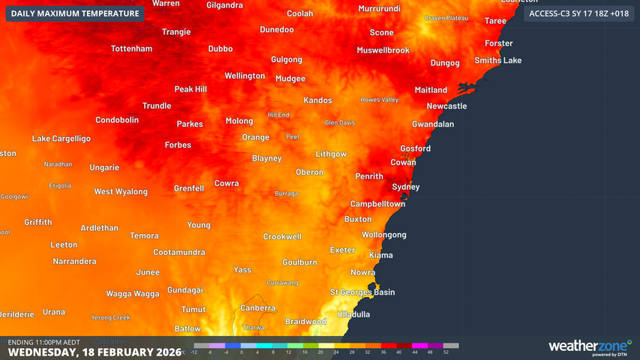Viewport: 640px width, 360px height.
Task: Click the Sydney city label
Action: (406, 187)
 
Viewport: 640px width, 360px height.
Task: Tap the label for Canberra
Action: (257, 308)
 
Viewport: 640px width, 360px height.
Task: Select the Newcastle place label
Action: (446, 106)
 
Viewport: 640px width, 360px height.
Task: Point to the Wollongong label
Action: (384, 235)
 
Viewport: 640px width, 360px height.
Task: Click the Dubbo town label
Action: (220, 49)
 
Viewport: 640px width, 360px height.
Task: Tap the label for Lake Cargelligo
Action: (61, 139)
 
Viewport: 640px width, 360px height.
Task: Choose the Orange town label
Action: (255, 137)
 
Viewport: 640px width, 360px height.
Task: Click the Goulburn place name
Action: (299, 262)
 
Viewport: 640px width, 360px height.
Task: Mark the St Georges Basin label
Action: (362, 292)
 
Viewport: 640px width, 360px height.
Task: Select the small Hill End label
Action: (278, 115)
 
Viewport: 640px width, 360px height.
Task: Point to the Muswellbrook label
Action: (383, 50)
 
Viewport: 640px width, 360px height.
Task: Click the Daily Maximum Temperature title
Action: (75, 13)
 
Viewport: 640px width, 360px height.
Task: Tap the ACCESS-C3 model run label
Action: (578, 13)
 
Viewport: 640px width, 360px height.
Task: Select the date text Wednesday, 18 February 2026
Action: (95, 352)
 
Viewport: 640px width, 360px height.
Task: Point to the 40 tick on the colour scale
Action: (399, 352)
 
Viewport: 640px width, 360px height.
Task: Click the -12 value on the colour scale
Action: (195, 352)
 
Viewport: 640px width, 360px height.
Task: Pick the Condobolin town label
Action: (117, 120)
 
